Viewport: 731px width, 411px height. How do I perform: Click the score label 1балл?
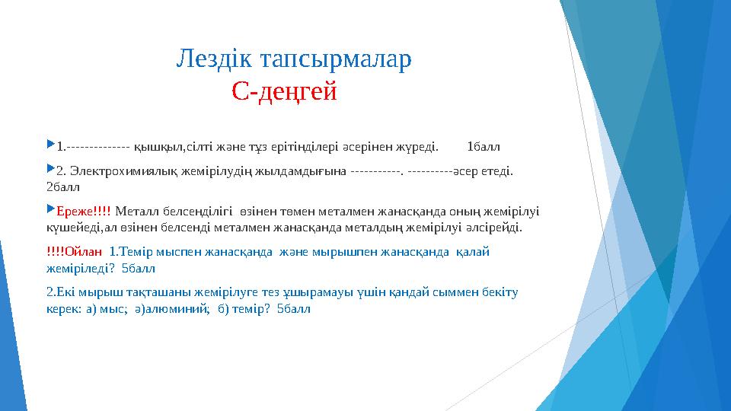[x=483, y=145]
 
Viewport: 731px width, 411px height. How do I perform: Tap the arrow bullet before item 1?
[x=50, y=144]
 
